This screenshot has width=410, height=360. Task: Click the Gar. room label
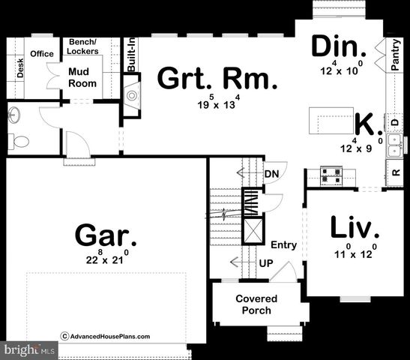click(106, 237)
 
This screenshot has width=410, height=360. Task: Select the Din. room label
click(339, 47)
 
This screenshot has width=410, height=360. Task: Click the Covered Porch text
click(256, 304)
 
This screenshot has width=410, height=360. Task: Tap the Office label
click(41, 53)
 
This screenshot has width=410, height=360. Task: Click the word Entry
click(284, 245)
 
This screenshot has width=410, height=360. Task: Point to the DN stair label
click(271, 174)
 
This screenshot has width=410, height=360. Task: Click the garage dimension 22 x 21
click(106, 259)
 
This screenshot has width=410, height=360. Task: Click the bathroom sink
click(14, 115)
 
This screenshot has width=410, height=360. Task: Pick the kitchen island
click(332, 118)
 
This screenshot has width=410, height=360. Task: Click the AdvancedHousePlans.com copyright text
click(106, 337)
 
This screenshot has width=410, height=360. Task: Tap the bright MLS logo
click(29, 350)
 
